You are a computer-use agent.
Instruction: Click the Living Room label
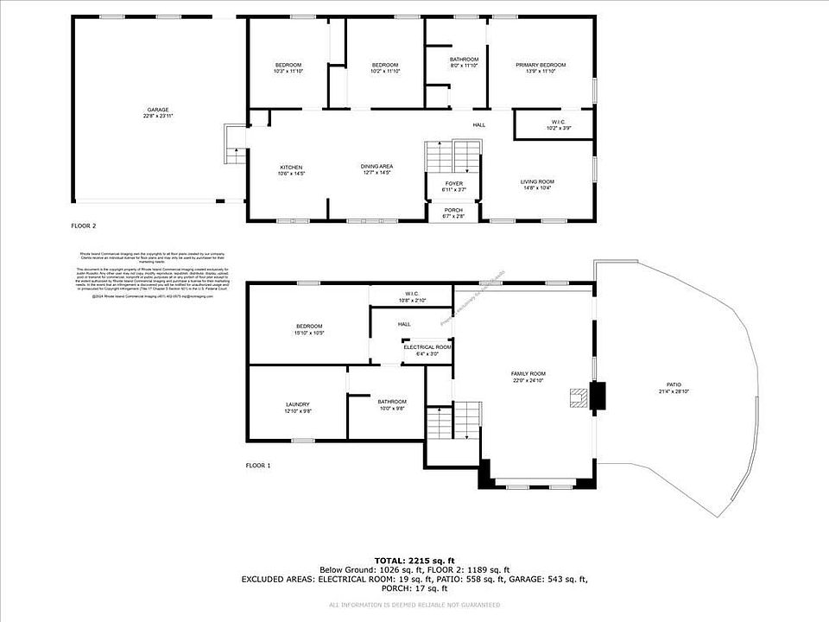[x=536, y=184]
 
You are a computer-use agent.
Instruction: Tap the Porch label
[x=453, y=213]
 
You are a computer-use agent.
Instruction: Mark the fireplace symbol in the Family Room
[x=577, y=398]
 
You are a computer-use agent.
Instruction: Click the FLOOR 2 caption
[x=84, y=225]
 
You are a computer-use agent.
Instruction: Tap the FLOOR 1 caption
[x=258, y=466]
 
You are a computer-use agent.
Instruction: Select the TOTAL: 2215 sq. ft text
[x=414, y=561]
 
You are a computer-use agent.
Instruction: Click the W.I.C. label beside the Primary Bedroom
[x=554, y=124]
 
